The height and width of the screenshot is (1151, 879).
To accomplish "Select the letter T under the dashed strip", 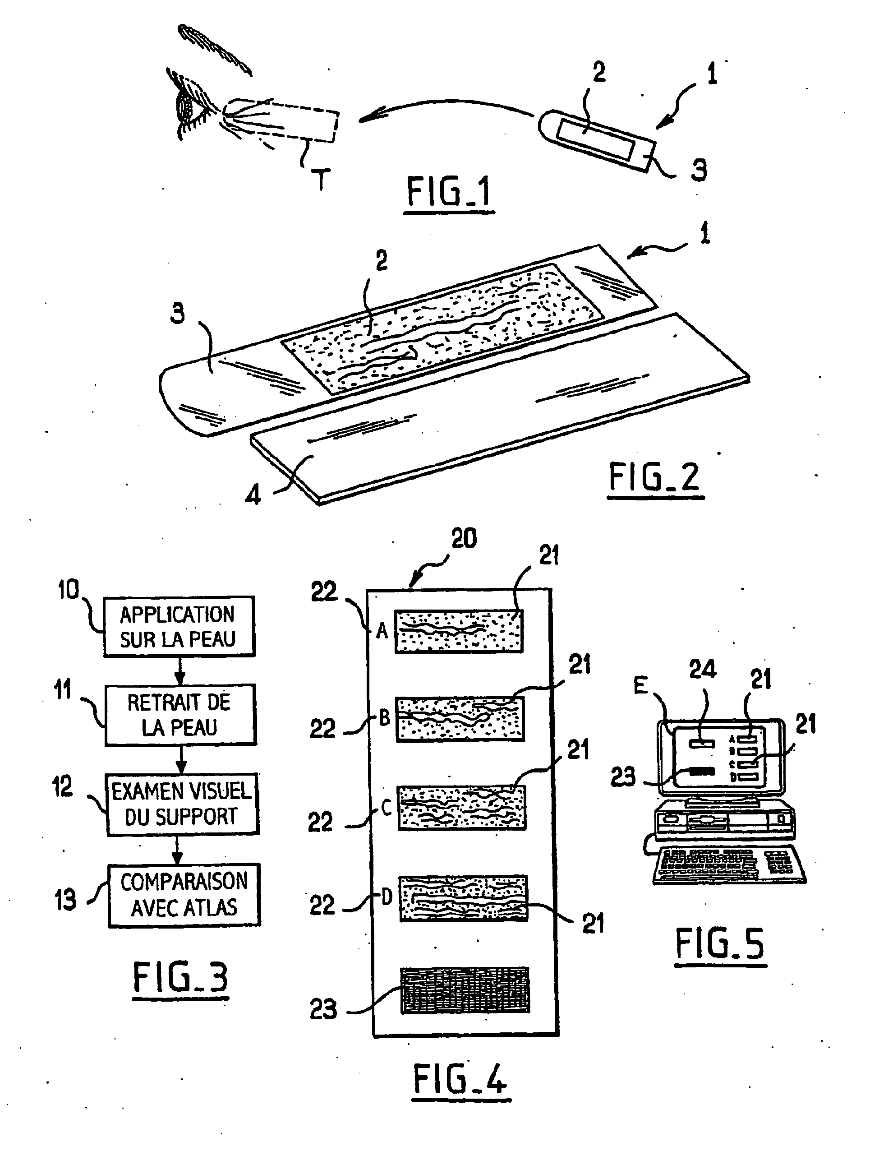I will (320, 180).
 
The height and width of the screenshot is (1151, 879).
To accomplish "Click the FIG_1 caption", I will (449, 192).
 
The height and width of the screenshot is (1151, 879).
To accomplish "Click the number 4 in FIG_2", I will (253, 494).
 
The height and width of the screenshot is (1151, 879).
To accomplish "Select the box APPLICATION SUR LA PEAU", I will (179, 626).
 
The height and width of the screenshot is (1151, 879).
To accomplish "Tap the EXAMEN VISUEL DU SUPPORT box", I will (183, 804).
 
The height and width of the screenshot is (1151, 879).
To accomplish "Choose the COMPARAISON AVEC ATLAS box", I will (184, 895).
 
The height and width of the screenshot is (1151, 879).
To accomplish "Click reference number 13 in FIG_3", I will (66, 900).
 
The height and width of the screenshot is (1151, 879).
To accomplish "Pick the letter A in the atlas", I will (382, 631).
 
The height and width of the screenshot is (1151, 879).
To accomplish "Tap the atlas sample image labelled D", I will (464, 898).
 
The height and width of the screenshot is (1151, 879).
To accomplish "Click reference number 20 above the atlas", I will (464, 539).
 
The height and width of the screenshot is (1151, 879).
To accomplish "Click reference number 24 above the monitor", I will (702, 670).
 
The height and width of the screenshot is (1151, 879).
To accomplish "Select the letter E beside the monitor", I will (641, 685).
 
